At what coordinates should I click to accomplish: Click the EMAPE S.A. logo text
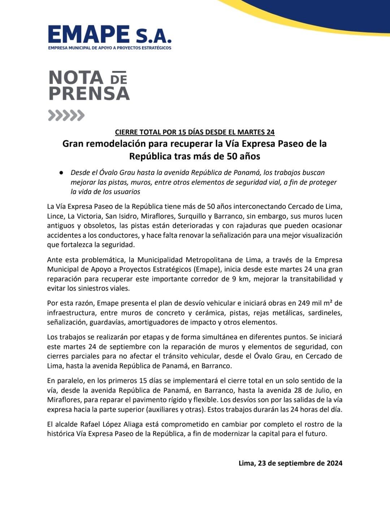(x=109, y=35)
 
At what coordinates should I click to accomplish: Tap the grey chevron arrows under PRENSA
(x=66, y=115)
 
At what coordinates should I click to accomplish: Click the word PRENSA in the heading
(x=89, y=93)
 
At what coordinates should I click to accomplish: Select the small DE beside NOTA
(x=118, y=78)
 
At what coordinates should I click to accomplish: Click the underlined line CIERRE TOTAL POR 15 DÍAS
(x=195, y=132)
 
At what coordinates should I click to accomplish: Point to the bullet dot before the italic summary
(x=62, y=173)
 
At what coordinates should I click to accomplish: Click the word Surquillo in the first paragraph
(x=192, y=216)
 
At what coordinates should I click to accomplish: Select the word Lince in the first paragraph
(x=55, y=216)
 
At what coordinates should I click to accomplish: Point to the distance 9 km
(x=240, y=279)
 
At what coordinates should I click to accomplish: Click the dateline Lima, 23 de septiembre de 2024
(x=290, y=463)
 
